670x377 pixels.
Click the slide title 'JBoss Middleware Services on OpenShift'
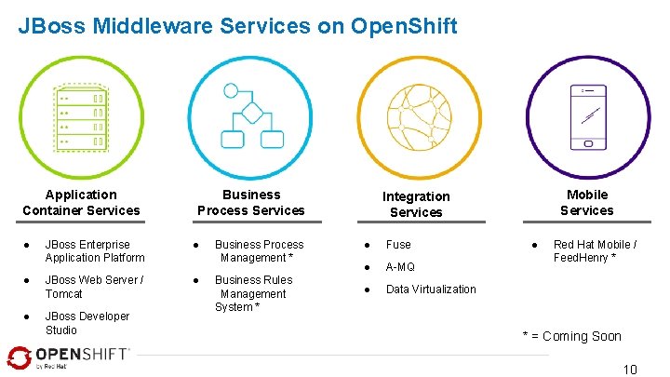(237, 26)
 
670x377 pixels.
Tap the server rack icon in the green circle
(82, 120)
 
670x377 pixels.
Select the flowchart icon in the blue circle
(251, 116)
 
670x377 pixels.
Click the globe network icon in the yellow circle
(418, 117)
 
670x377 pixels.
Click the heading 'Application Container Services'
(82, 202)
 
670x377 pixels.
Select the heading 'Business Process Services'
(251, 202)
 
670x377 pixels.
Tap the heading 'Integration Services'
(416, 204)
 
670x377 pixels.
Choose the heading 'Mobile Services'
(587, 202)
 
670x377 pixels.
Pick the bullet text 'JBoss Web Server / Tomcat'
(94, 287)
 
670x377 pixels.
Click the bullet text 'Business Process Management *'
(259, 251)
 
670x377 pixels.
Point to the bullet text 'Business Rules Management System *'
(252, 293)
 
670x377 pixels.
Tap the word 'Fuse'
(398, 245)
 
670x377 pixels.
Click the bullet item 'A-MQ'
(400, 267)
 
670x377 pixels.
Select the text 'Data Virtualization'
(431, 289)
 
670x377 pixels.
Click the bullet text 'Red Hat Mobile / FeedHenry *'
(595, 251)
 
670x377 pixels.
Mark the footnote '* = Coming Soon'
(571, 336)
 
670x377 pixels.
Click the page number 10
(630, 370)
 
